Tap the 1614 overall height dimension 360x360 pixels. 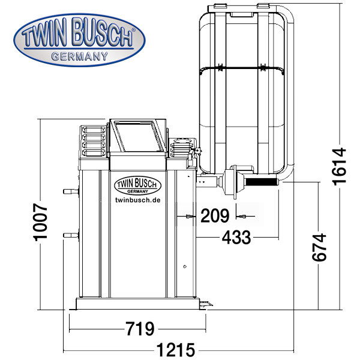[x=339, y=166]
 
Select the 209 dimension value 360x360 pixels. [x=214, y=214]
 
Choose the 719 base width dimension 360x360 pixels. [x=140, y=329]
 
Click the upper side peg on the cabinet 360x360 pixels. [x=68, y=191]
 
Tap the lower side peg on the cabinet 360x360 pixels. [x=68, y=235]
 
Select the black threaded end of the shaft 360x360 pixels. [x=261, y=182]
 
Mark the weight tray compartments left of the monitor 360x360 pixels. [x=93, y=140]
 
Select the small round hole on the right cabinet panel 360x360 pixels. [x=185, y=265]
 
